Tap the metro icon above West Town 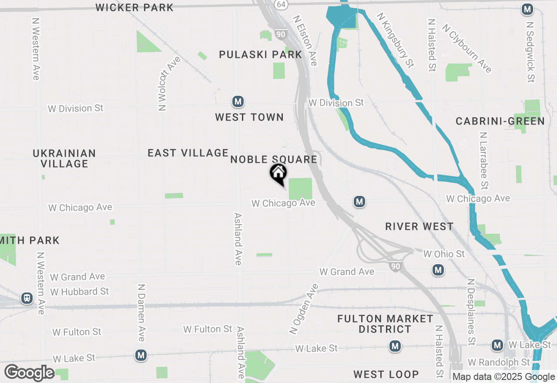click(x=238, y=102)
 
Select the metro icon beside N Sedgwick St click(x=527, y=9)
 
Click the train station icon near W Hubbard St click(x=27, y=298)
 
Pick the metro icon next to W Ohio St click(x=438, y=270)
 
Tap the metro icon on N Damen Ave click(x=141, y=355)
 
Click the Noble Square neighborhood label click(x=274, y=159)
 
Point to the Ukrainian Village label click(x=64, y=158)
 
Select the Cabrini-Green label click(x=500, y=121)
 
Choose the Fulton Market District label click(x=385, y=324)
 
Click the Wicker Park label click(x=134, y=7)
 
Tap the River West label click(x=419, y=226)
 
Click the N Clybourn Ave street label click(x=467, y=48)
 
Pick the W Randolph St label click(x=499, y=362)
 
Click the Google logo click(x=29, y=373)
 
